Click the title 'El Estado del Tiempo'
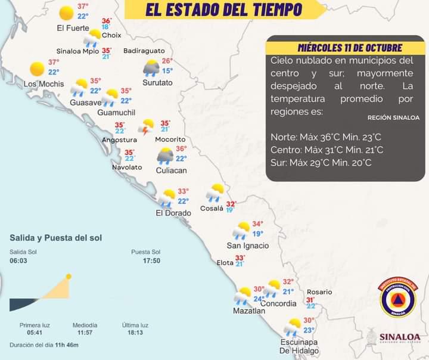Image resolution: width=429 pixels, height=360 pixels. click(223, 10)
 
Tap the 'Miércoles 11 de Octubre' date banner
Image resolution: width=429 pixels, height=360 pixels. click(350, 48)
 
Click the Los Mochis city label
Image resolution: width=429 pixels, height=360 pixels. click(43, 84)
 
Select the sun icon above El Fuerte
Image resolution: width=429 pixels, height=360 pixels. click(67, 13)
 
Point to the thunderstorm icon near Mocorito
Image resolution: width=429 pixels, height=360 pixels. click(146, 126)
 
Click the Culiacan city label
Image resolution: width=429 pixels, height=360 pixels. click(171, 170)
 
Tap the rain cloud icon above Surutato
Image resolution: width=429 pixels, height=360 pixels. click(151, 68)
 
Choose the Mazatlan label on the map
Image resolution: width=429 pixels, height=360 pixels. click(249, 311)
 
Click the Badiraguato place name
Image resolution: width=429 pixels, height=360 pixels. click(144, 51)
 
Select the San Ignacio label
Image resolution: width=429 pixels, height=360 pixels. click(248, 246)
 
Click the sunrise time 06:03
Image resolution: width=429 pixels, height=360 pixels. click(18, 261)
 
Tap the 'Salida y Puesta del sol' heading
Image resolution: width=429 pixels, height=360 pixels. click(55, 238)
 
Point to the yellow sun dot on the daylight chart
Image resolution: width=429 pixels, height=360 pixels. click(69, 277)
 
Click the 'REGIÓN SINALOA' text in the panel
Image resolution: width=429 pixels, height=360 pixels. click(393, 118)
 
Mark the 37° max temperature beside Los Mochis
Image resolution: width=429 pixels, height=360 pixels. click(54, 63)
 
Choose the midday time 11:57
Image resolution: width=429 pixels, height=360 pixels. click(85, 333)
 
